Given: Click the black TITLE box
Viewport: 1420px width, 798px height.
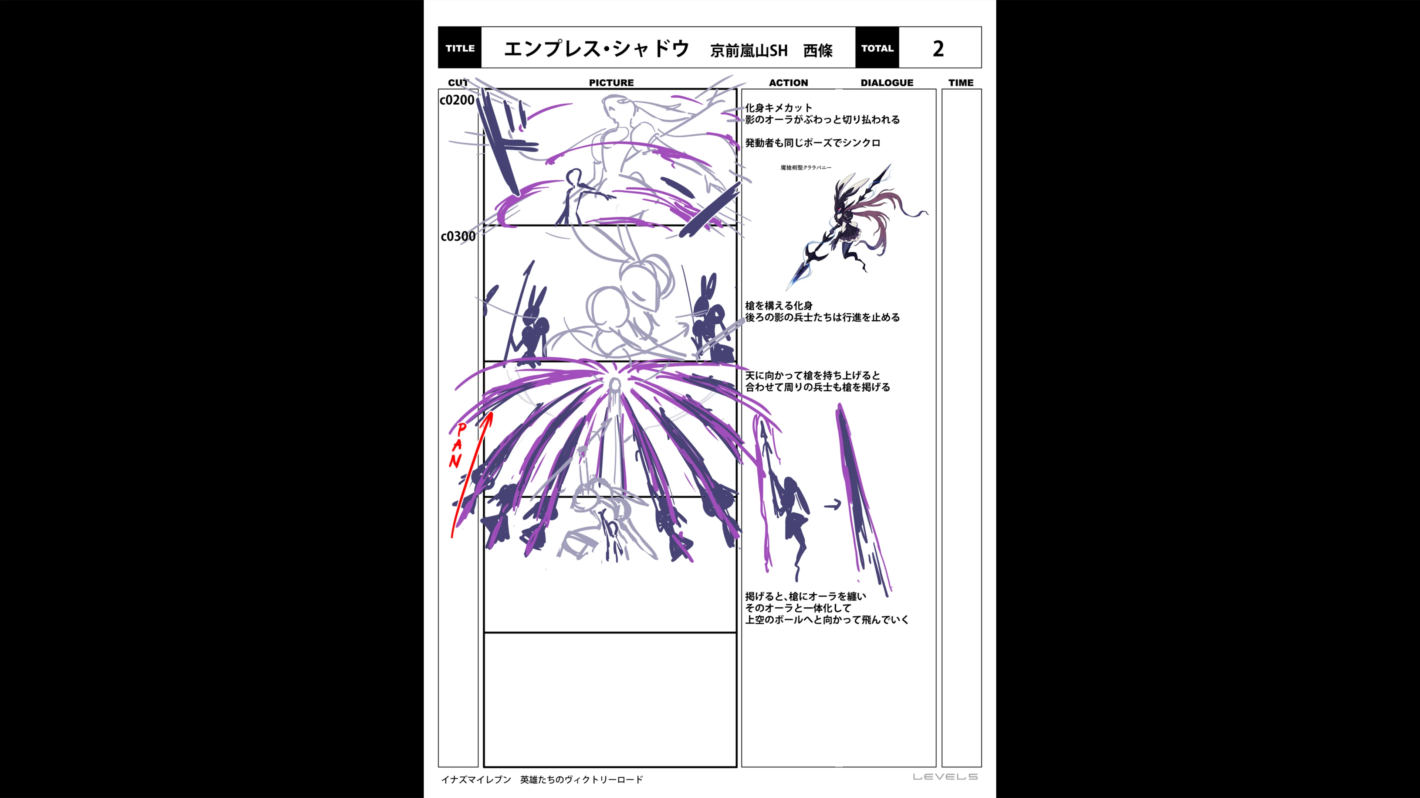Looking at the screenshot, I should coord(460,48).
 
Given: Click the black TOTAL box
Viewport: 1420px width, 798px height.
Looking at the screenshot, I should coord(877,48).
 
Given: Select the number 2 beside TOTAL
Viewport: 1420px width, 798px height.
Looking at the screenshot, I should coord(938,48).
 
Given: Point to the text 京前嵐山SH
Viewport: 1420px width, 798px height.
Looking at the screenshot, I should coord(748,51).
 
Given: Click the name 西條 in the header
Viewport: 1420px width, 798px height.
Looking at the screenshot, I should coord(818,51).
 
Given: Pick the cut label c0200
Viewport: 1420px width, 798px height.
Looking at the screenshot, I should coord(457,100).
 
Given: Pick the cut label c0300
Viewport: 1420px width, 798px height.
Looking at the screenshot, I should coord(457,236).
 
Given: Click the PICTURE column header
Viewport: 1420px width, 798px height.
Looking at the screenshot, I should coord(611,83).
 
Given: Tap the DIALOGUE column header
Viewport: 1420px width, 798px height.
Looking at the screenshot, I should coord(886,83).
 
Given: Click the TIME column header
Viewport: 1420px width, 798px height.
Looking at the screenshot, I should coord(961,83).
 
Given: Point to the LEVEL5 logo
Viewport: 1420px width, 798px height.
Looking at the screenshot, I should coord(945,777).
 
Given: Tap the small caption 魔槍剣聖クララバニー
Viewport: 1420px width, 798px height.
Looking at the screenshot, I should coord(806,167).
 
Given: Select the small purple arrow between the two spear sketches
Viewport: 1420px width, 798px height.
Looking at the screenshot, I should coord(832,504).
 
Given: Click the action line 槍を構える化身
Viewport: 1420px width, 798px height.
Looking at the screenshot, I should coord(778,306).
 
